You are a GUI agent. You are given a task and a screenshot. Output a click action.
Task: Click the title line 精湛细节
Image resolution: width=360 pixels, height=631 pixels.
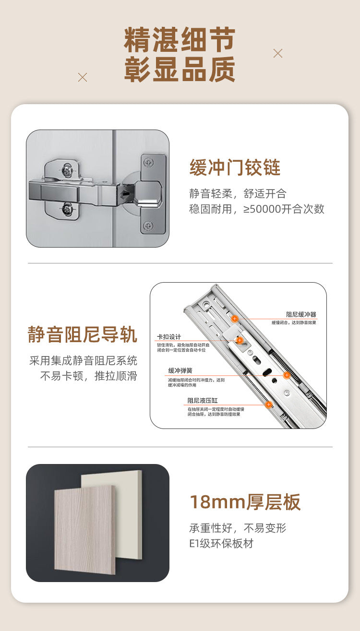click(180, 40)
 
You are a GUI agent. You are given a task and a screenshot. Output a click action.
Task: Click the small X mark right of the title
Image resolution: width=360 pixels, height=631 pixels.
click(278, 53)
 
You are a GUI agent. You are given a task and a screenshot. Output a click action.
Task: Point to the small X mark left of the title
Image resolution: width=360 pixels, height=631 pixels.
click(83, 77)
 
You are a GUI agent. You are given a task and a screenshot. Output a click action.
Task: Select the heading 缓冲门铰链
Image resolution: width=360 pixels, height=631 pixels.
click(235, 168)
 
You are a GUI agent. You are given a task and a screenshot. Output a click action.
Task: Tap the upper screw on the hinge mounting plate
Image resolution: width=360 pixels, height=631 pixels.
click(67, 169)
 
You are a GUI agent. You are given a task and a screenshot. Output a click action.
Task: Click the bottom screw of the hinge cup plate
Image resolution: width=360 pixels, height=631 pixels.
click(148, 226)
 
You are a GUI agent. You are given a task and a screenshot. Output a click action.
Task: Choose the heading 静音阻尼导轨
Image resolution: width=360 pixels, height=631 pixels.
click(83, 334)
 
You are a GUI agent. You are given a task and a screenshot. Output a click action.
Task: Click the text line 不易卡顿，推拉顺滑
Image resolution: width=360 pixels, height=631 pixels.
click(88, 376)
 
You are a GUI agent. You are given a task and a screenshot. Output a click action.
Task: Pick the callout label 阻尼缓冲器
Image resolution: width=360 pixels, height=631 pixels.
click(301, 315)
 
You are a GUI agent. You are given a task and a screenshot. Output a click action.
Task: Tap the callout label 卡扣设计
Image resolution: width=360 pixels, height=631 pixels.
click(169, 337)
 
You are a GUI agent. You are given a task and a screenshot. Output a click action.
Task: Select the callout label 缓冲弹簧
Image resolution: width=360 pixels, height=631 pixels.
click(180, 371)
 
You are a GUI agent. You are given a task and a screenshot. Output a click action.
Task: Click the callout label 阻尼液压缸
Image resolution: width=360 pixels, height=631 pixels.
click(202, 401)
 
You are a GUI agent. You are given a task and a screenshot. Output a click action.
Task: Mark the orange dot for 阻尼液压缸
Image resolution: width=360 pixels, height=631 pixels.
click(268, 405)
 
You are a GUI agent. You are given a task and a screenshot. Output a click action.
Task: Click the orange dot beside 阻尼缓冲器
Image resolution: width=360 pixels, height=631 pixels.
click(235, 318)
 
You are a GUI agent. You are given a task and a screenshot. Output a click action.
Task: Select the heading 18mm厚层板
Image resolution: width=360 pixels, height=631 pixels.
click(245, 502)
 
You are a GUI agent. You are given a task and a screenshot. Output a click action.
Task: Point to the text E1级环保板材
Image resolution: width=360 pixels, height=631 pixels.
click(221, 544)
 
